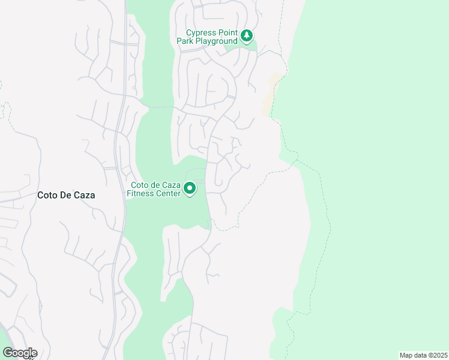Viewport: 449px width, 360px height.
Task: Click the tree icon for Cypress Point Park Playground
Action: coord(247,36)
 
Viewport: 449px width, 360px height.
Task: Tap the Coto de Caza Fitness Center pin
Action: coord(190,189)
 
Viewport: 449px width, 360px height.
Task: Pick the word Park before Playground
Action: coord(184,41)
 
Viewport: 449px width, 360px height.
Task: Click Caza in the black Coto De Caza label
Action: coord(83,195)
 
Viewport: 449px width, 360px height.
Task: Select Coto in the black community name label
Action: coord(47,195)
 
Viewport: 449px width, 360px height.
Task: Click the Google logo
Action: coord(20,353)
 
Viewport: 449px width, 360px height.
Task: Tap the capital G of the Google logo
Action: coord(7,353)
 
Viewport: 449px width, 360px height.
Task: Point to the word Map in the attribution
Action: coord(406,355)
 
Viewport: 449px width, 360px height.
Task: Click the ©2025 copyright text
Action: coord(437,355)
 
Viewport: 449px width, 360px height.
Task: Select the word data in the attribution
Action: coord(420,355)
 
